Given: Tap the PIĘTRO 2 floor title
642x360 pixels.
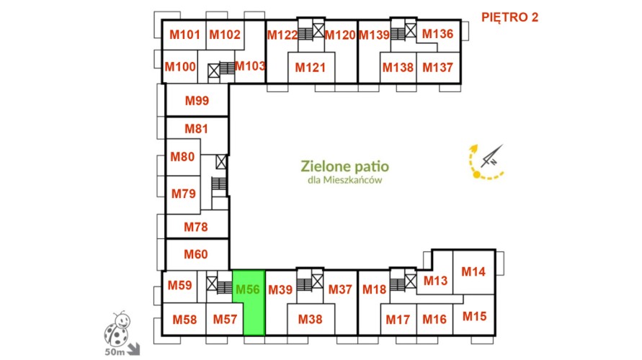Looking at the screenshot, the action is coord(509,17).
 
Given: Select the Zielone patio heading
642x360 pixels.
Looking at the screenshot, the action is coord(344,166).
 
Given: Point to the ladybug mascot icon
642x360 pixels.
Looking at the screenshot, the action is coord(117,328).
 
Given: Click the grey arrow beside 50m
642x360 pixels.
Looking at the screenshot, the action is coord(133,349).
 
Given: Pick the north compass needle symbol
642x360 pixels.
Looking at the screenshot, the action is coord(491,156).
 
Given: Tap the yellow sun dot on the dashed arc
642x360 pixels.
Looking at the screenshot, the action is coord(476,175).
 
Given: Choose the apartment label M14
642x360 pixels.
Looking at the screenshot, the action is coord(473,271).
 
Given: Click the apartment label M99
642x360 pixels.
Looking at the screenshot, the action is coord(197,100).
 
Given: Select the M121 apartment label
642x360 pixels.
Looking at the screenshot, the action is coord(311,67).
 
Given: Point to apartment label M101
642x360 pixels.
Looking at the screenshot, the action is coord(184,35).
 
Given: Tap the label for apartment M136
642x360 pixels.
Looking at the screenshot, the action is coord(437,34).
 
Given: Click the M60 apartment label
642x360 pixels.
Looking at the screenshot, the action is coord(196,254).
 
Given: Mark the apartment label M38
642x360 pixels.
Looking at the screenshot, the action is coord(310,319).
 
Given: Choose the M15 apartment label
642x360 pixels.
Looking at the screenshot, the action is coord(475,316).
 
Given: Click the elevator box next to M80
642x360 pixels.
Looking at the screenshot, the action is coord(221,161).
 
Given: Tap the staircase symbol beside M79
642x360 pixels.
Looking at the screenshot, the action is coord(219,184).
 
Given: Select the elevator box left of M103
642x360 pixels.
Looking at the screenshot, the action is coord(214,71).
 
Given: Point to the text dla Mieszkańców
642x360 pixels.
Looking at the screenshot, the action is coord(344,180).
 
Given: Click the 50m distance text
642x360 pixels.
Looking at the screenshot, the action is coord(115,352).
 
